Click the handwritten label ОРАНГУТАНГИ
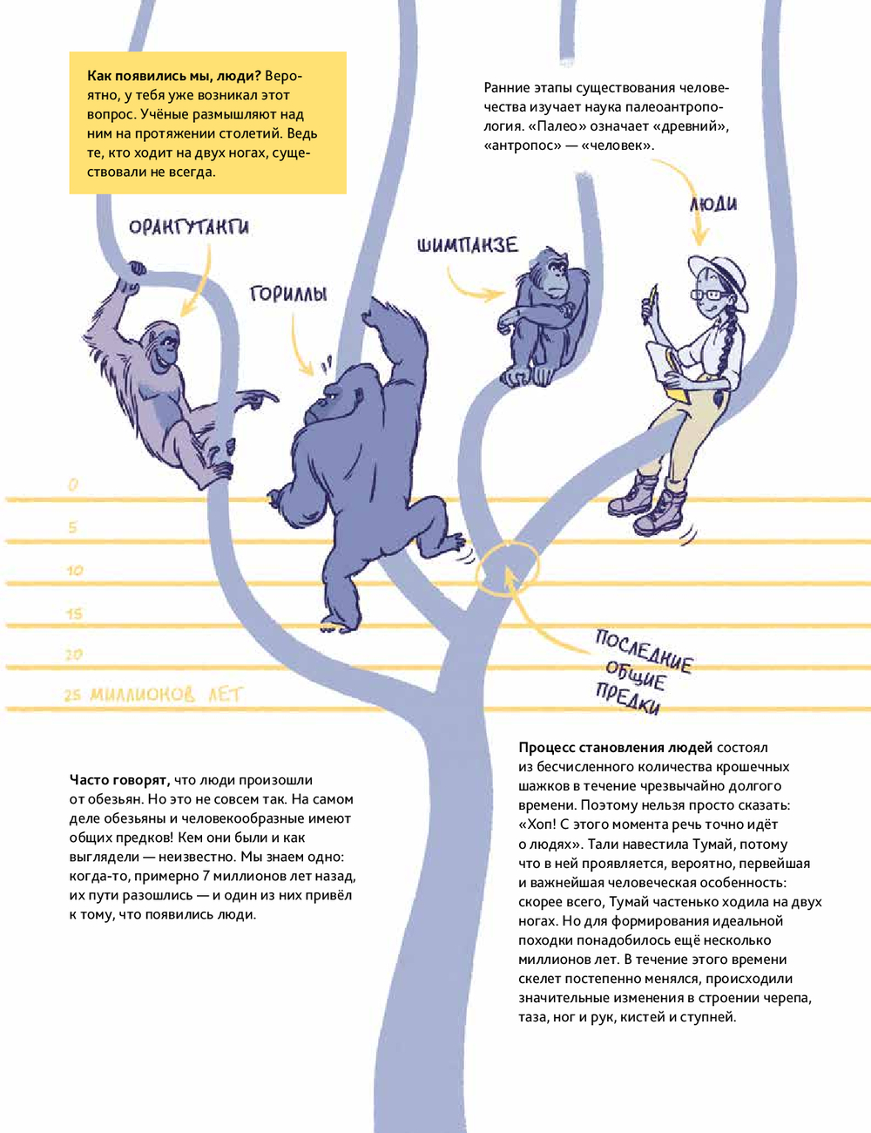(x=188, y=227)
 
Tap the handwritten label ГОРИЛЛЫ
(x=288, y=294)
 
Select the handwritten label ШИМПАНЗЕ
(x=468, y=245)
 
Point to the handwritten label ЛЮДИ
(x=713, y=204)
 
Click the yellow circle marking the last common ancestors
(x=507, y=568)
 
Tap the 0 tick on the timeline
(x=73, y=485)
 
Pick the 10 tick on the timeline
(x=75, y=570)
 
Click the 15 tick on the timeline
(x=75, y=614)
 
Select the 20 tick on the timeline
(x=75, y=655)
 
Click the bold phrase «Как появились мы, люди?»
(x=174, y=76)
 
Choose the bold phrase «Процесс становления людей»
(x=615, y=748)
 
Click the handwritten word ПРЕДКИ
(x=627, y=700)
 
